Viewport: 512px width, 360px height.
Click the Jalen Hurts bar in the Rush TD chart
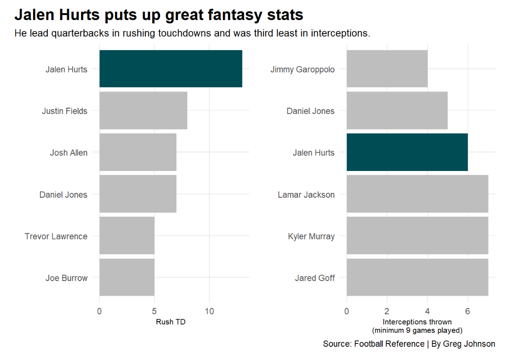171,69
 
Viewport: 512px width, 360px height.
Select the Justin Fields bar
143,111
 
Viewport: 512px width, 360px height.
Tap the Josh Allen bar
138,152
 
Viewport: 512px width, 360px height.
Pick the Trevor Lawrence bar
127,236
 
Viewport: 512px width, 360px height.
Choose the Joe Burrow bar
127,278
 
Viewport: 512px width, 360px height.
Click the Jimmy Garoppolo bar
387,69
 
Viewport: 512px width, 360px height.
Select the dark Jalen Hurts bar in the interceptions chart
407,152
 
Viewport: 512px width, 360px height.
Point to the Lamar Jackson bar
417,194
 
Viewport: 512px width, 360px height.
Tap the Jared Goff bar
417,278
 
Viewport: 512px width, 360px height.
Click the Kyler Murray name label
311,236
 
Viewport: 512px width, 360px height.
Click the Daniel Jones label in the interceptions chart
311,111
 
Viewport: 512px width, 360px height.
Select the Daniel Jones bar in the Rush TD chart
138,194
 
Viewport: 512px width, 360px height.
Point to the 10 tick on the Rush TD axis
209,311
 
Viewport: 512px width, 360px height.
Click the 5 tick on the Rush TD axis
154,311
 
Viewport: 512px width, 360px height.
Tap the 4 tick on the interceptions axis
427,311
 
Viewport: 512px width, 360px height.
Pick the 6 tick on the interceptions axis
468,311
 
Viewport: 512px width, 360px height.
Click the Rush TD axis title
171,322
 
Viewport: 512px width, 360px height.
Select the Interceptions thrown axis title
417,322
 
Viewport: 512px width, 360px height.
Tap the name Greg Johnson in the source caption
469,344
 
